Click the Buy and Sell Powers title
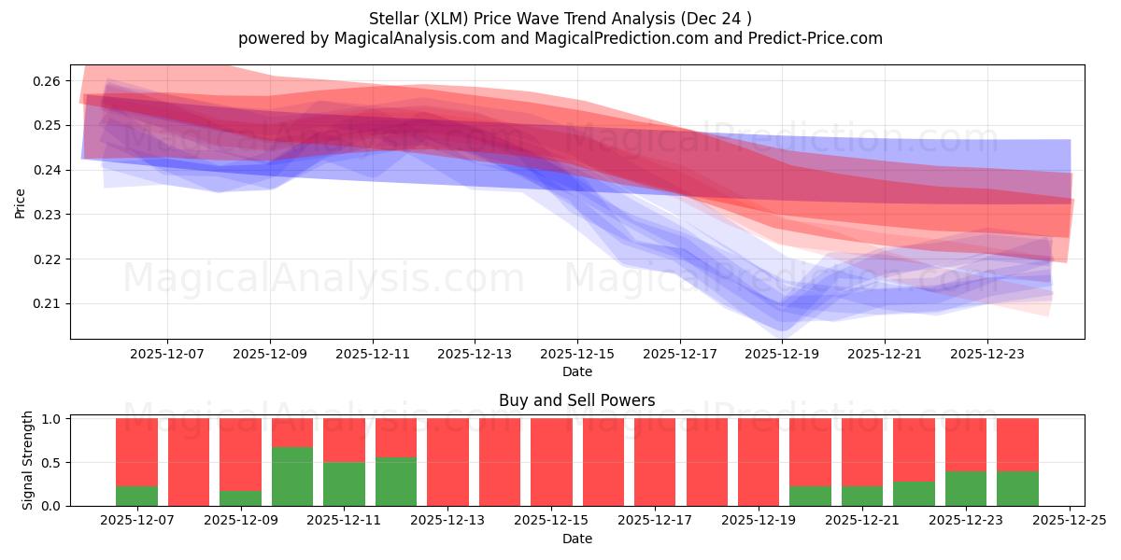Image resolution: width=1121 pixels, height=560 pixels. tap(576, 400)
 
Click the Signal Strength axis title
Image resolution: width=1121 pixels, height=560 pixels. tap(28, 460)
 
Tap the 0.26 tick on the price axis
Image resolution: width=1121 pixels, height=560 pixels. tap(48, 81)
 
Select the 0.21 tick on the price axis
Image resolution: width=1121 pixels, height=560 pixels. tap(48, 304)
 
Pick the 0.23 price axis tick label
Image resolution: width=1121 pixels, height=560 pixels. tap(48, 215)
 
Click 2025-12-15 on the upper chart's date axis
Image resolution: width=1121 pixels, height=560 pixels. tap(577, 355)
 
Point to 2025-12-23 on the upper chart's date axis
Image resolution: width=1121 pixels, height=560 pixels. tap(987, 355)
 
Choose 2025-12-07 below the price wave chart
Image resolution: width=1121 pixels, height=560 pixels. tap(167, 355)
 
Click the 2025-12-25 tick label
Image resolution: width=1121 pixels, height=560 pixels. tap(1069, 522)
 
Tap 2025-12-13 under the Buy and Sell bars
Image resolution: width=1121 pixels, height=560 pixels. tap(448, 522)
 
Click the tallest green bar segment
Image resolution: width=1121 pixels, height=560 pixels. tap(292, 476)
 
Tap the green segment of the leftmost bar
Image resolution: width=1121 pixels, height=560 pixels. tap(136, 496)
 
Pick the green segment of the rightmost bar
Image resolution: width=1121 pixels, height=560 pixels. tap(1017, 488)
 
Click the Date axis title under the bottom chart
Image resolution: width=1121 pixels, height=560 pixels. tap(576, 539)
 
